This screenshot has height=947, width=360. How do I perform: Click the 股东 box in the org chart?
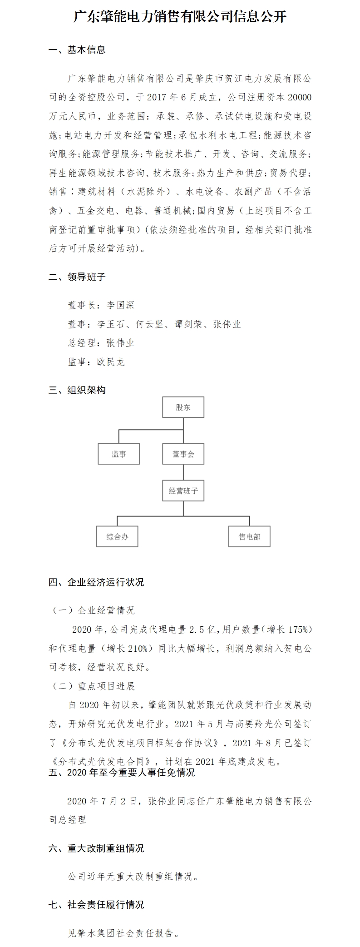(183, 407)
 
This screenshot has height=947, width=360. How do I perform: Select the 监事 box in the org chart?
(118, 454)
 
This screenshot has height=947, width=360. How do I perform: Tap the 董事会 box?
(183, 454)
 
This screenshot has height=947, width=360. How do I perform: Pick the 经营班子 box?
(183, 491)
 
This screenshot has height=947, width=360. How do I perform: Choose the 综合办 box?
(117, 536)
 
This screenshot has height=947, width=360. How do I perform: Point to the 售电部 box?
(250, 536)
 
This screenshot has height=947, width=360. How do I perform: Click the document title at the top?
(180, 17)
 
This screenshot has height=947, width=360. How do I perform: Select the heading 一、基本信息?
(77, 50)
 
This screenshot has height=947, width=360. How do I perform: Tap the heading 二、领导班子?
(77, 277)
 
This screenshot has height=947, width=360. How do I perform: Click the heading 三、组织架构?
(77, 390)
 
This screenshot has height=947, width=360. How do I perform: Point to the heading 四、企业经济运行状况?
(96, 582)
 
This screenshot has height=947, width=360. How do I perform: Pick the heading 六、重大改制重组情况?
(96, 848)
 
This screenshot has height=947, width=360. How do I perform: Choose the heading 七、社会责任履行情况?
(96, 905)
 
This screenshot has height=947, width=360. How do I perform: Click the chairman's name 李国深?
(120, 305)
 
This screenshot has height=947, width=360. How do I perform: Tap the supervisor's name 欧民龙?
(111, 362)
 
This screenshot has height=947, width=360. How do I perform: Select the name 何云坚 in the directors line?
(149, 324)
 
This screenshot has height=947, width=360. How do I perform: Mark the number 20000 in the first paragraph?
(300, 98)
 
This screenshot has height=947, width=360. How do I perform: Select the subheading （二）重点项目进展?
(94, 686)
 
